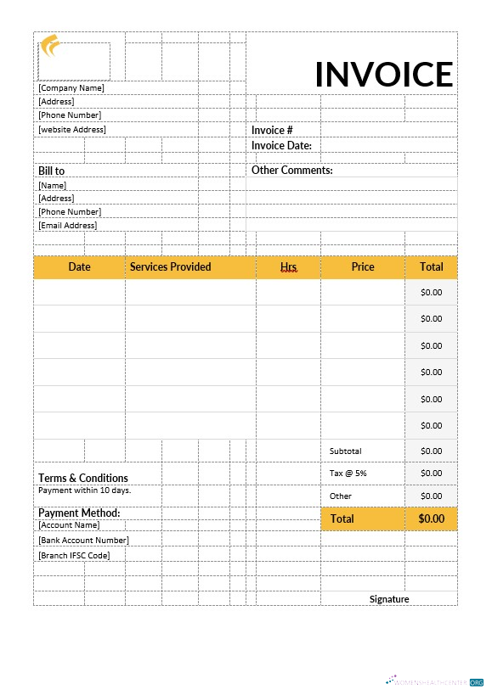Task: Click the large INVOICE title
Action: (384, 75)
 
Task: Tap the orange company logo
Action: (50, 45)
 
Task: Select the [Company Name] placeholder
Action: (71, 87)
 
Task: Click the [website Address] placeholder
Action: (72, 129)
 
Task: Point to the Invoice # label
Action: (272, 130)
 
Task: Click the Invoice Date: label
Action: (281, 145)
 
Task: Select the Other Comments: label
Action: (291, 170)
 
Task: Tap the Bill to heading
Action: (51, 171)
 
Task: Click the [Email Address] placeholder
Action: (68, 225)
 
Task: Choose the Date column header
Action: (79, 266)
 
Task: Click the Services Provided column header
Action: (170, 266)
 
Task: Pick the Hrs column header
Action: (288, 266)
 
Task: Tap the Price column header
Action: (363, 266)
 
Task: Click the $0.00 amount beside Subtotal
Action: (432, 451)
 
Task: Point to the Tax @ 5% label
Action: (348, 473)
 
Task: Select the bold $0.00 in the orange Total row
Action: (432, 518)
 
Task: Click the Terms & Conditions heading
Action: (83, 478)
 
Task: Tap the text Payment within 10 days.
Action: (85, 490)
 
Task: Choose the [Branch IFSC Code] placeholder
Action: (74, 555)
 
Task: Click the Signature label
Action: (389, 598)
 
